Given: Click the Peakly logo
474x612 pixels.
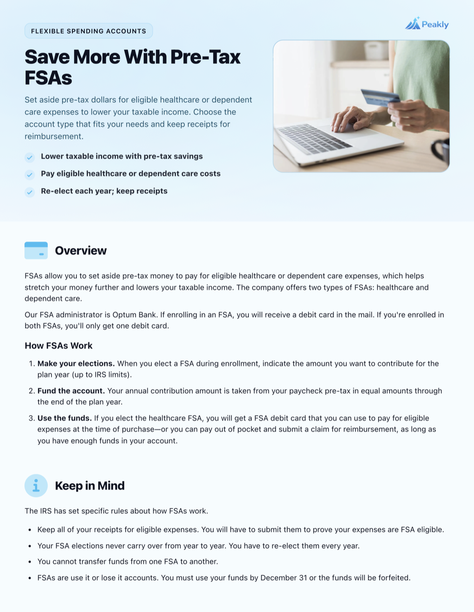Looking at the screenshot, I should click(427, 24).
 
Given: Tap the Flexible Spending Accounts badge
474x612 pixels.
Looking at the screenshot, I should click(89, 31).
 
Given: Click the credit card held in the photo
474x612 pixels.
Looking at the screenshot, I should click(380, 97).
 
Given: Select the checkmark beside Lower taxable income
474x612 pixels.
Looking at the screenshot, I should click(30, 157).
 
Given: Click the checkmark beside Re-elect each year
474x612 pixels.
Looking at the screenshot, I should click(30, 192).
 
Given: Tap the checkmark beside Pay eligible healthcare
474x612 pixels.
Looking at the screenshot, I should click(30, 175).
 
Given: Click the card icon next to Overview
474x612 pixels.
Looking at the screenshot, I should click(36, 250).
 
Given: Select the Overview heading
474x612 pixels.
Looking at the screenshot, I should click(81, 250).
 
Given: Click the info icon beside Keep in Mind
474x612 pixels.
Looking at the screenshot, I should click(36, 486).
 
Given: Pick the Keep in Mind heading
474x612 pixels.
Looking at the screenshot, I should click(90, 486).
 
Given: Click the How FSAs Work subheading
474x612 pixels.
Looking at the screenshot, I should click(58, 346).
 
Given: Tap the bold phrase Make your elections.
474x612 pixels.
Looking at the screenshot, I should click(76, 364).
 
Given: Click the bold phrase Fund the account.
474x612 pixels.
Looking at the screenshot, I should click(71, 391).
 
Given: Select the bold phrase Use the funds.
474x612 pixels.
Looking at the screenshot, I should click(64, 418).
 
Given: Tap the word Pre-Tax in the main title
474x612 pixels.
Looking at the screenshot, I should click(205, 57).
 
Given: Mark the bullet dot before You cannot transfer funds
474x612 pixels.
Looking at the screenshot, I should click(30, 562).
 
